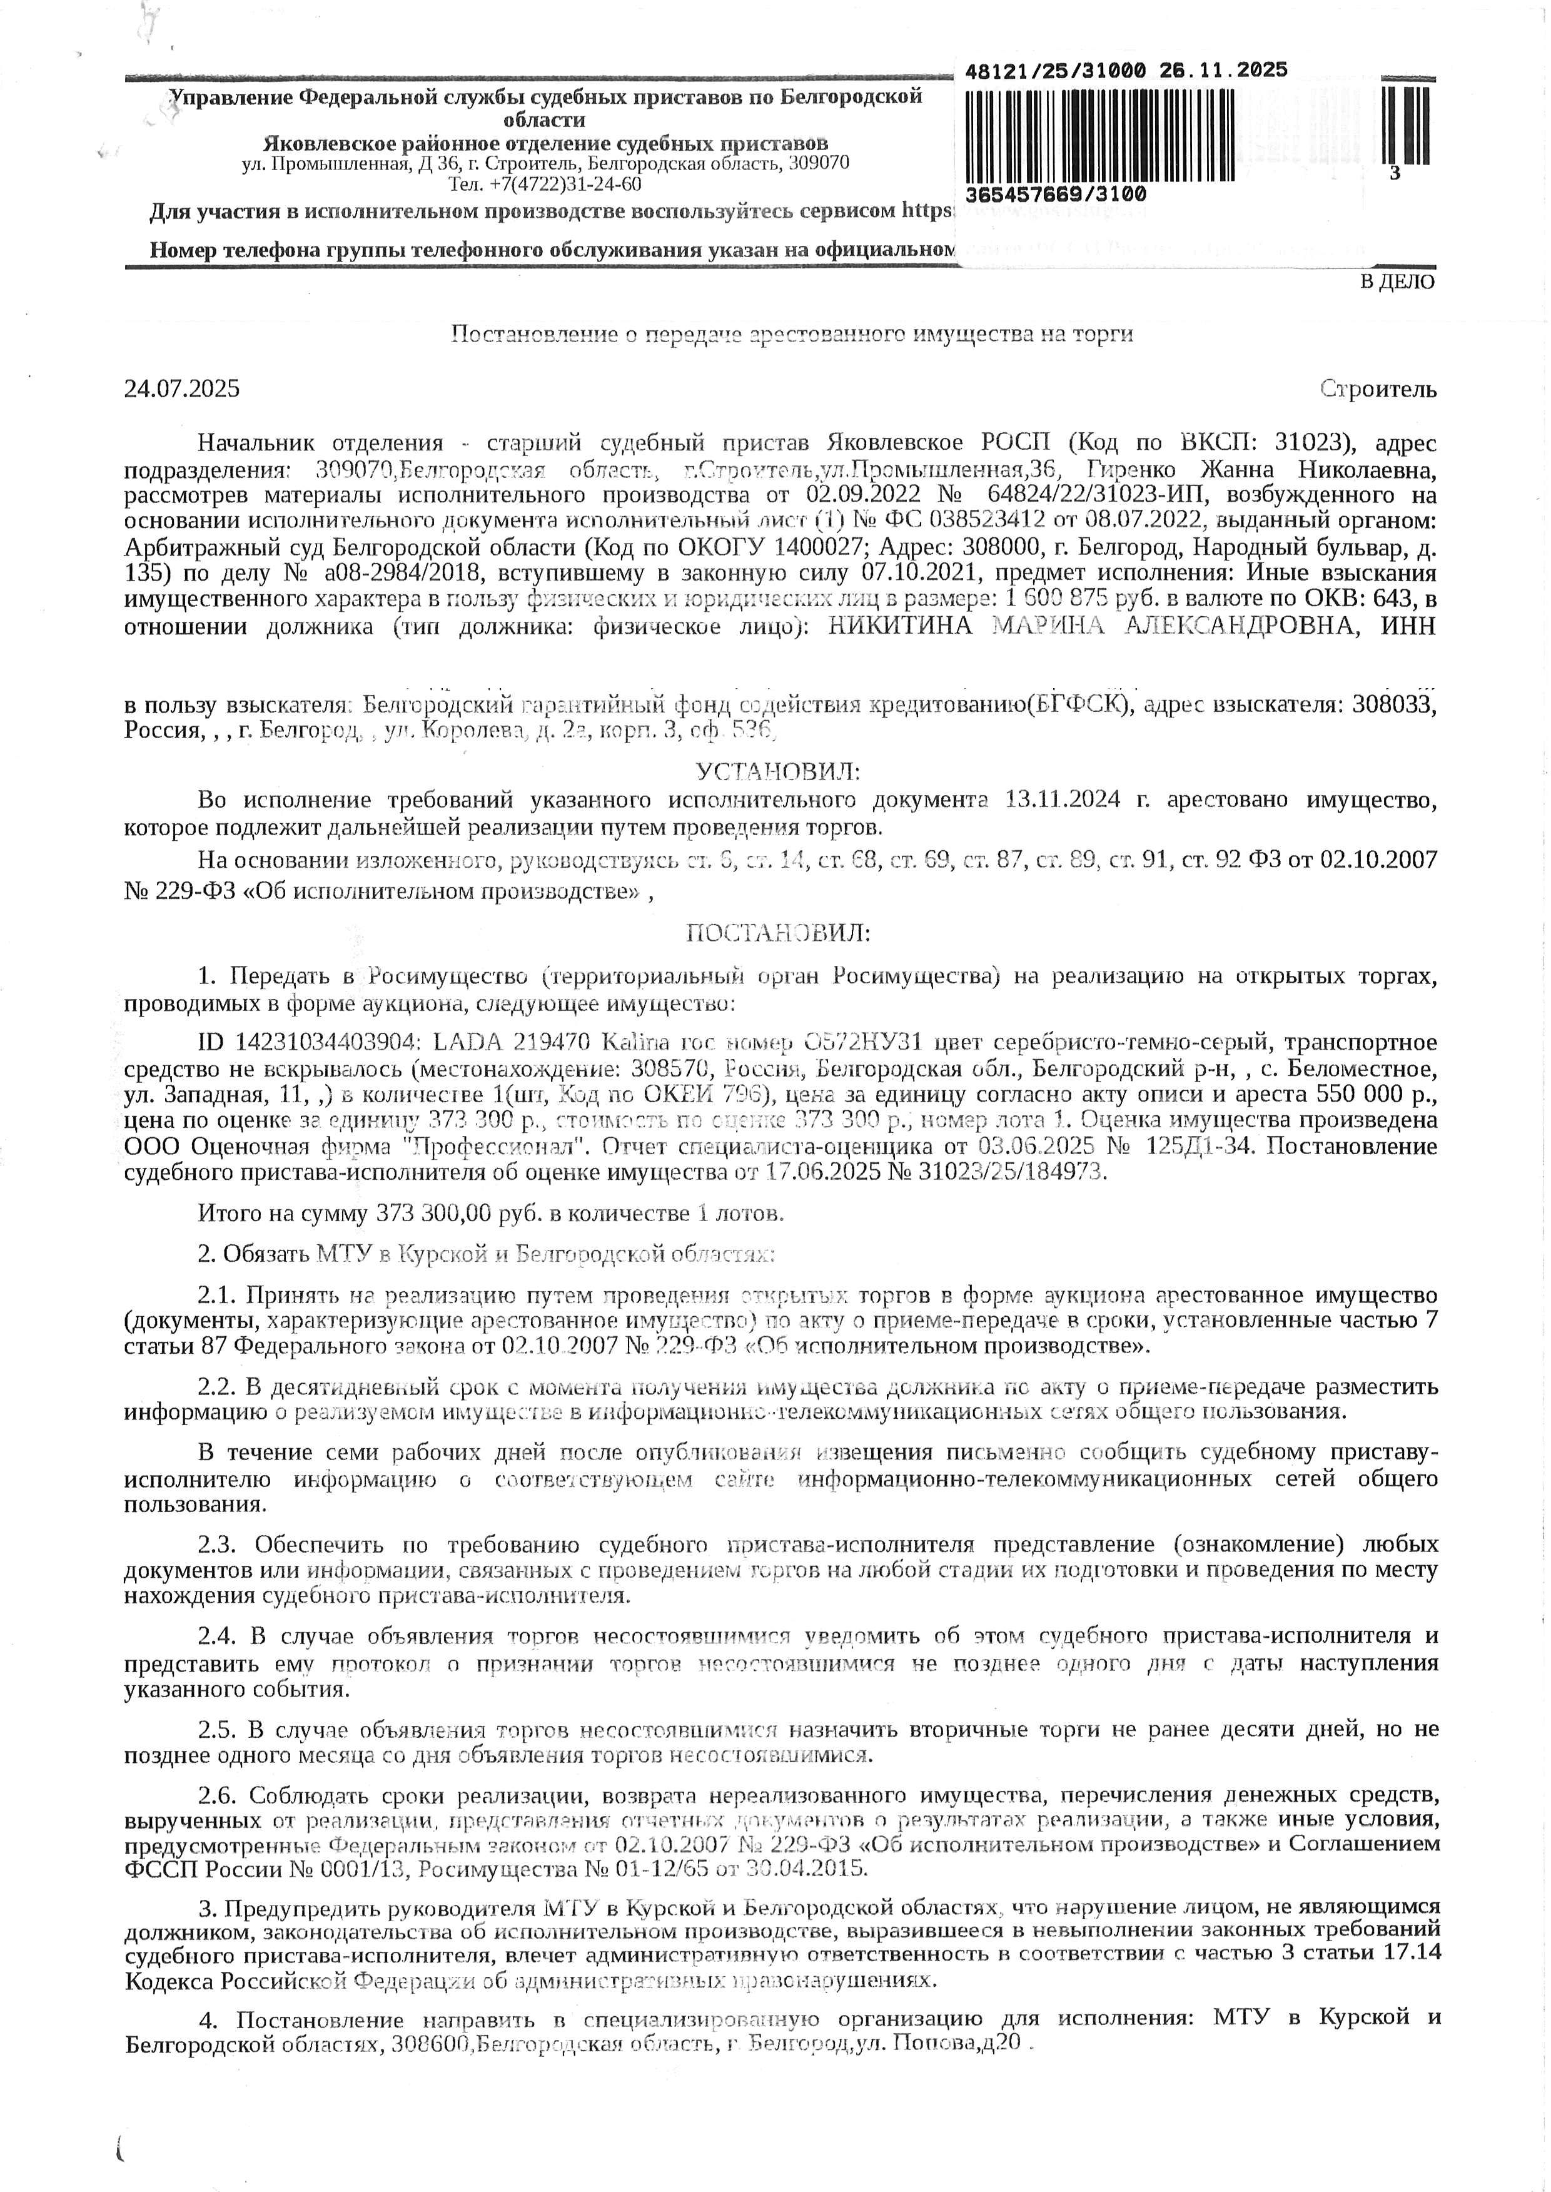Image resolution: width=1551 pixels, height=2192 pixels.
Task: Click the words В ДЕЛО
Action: point(1397,282)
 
